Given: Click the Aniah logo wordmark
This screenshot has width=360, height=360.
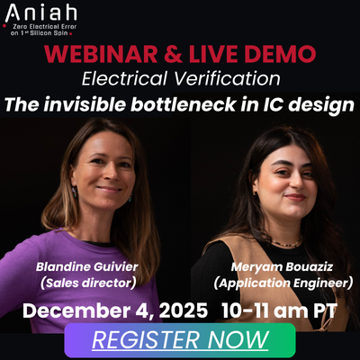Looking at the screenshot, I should pos(40,14).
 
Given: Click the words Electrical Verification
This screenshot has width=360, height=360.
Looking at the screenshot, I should pos(180,78).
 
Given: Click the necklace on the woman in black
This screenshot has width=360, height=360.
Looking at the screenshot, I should pos(286,241).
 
